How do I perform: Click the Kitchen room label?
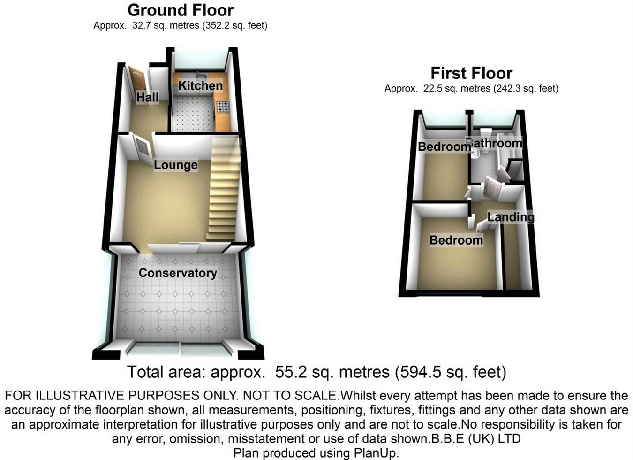pyautogui.click(x=200, y=86)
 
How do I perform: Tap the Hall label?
pyautogui.click(x=147, y=97)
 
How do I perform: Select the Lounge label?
pyautogui.click(x=176, y=165)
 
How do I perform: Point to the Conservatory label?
pyautogui.click(x=178, y=273)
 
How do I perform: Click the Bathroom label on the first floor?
pyautogui.click(x=497, y=143)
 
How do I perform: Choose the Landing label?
pyautogui.click(x=511, y=217)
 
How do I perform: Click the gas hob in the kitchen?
pyautogui.click(x=222, y=107)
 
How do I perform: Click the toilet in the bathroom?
pyautogui.click(x=486, y=133)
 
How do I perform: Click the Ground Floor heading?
pyautogui.click(x=181, y=10)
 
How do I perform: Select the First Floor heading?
pyautogui.click(x=471, y=73)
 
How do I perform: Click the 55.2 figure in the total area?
pyautogui.click(x=287, y=372)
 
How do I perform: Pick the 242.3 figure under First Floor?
pyautogui.click(x=508, y=88)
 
